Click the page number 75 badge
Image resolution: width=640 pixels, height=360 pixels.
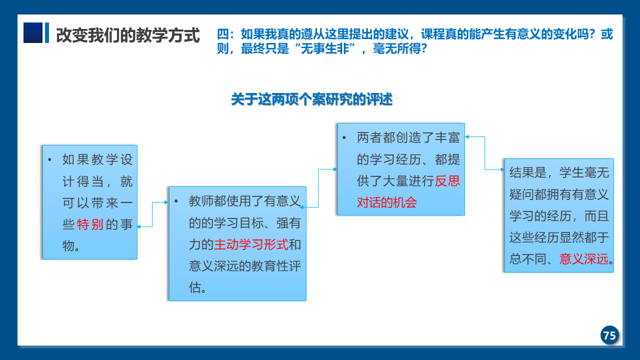609,335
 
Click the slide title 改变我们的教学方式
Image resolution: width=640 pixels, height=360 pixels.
127,35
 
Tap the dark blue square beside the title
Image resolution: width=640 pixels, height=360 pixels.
33,33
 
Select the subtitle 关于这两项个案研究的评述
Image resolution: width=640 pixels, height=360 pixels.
311,99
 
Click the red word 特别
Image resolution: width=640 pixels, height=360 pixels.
90,224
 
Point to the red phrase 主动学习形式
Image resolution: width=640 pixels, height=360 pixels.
251,244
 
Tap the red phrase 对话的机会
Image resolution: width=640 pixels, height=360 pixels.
387,202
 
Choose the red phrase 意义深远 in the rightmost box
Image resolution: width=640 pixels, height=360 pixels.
583,259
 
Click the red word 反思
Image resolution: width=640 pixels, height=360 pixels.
447,181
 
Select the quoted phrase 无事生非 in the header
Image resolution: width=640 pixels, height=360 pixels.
325,48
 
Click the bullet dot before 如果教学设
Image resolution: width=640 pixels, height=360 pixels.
49,159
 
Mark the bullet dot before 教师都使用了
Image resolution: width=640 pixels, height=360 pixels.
176,201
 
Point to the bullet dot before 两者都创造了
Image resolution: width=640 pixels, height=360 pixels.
344,137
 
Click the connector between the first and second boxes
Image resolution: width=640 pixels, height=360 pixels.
152,214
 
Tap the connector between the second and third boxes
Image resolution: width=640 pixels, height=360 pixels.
318,188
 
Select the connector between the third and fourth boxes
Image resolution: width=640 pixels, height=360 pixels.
484,153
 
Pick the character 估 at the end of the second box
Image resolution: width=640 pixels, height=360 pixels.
195,287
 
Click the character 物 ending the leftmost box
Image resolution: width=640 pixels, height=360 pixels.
68,245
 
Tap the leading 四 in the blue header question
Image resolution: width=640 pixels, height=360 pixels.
223,34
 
